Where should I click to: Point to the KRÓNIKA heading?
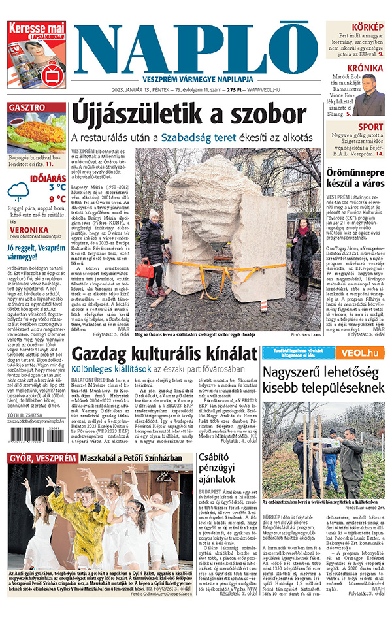(365, 68)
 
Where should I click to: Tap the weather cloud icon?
(18, 192)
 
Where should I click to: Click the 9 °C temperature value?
(57, 199)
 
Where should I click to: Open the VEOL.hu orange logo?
(360, 353)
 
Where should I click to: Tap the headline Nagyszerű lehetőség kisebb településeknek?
(323, 381)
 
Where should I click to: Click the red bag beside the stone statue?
(145, 269)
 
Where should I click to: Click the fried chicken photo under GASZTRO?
(37, 133)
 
